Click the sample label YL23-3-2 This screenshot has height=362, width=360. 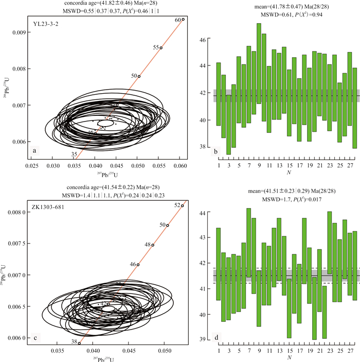click(x=46, y=23)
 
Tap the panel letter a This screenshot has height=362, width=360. click(x=35, y=150)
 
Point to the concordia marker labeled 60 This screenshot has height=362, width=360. click(x=183, y=19)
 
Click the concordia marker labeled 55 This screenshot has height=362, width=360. click(x=161, y=48)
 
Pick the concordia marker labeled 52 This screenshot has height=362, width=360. click(x=183, y=205)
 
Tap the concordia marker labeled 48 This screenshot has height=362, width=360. click(x=153, y=245)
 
